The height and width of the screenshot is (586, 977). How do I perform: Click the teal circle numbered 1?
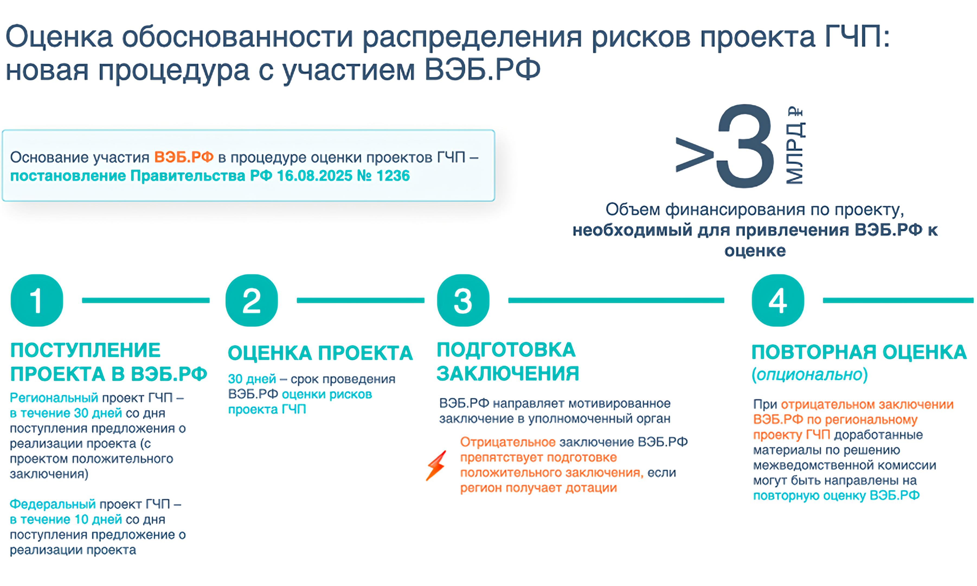click(37, 301)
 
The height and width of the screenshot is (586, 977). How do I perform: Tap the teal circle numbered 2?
click(252, 301)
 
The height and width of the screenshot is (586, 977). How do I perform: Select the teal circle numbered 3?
click(463, 301)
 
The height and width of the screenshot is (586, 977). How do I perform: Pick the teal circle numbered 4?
click(778, 301)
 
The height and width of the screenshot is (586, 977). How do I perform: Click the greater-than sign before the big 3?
click(695, 155)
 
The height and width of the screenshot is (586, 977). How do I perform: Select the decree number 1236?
click(393, 176)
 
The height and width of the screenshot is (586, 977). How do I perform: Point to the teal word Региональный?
click(54, 398)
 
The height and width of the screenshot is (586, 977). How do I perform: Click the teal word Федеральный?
click(53, 504)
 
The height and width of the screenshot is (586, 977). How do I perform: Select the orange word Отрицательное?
click(508, 442)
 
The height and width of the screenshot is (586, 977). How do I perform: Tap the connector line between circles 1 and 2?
click(146, 301)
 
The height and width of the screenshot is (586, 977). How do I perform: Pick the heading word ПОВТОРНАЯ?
click(814, 352)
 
